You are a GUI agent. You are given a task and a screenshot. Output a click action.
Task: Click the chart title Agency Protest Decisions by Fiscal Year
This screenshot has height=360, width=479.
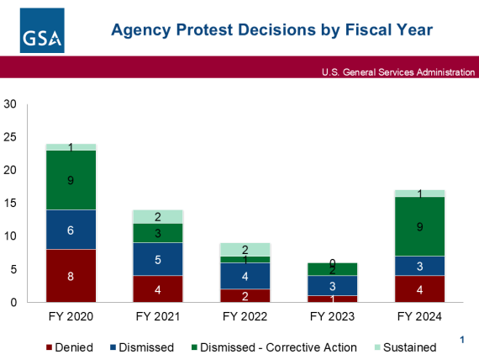pyautogui.click(x=272, y=31)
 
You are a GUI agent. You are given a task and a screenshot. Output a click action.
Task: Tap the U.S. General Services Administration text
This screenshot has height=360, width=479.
pyautogui.click(x=397, y=72)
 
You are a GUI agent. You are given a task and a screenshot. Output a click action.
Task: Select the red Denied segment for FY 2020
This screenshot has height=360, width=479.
pyautogui.click(x=71, y=275)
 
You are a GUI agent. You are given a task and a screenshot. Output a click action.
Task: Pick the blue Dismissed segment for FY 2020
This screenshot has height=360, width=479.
pyautogui.click(x=71, y=230)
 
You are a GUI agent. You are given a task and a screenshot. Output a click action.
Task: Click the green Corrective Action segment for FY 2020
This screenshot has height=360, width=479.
pyautogui.click(x=71, y=180)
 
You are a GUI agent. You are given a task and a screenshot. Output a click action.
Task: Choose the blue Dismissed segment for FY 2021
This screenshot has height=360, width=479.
pyautogui.click(x=157, y=260)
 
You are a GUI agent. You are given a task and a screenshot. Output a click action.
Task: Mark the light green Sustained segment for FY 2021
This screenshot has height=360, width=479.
pyautogui.click(x=157, y=216)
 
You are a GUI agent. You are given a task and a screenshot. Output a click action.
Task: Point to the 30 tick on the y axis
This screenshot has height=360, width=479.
pyautogui.click(x=10, y=104)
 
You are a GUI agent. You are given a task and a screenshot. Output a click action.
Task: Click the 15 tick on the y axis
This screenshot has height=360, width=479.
pyautogui.click(x=10, y=204)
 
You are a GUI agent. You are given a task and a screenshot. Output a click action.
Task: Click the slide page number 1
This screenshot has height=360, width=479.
pyautogui.click(x=461, y=339)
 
